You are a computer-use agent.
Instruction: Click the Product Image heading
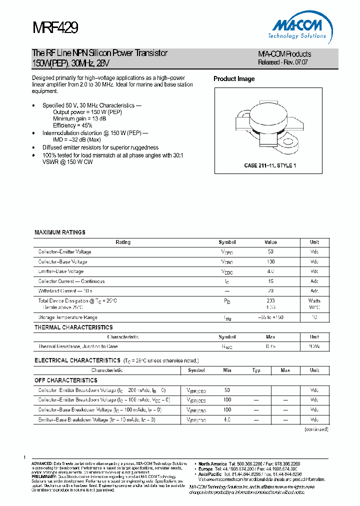(x=234, y=79)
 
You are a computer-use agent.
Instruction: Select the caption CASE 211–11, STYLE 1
(x=269, y=165)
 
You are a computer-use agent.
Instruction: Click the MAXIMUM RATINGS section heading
(x=60, y=232)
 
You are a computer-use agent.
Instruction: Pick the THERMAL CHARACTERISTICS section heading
(x=73, y=327)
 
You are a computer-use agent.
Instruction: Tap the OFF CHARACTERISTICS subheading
(x=66, y=380)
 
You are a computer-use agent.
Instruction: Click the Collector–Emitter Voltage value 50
(x=270, y=252)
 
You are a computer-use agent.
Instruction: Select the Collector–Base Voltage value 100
(x=270, y=262)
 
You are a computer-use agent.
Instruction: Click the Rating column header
(x=123, y=242)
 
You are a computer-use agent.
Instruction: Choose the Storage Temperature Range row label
(x=67, y=317)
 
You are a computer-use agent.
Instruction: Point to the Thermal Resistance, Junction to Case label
(x=78, y=346)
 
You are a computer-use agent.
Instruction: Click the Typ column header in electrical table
(x=256, y=370)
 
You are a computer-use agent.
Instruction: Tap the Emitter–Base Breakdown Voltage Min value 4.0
(x=227, y=420)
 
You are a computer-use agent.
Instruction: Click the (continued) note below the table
(x=316, y=429)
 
